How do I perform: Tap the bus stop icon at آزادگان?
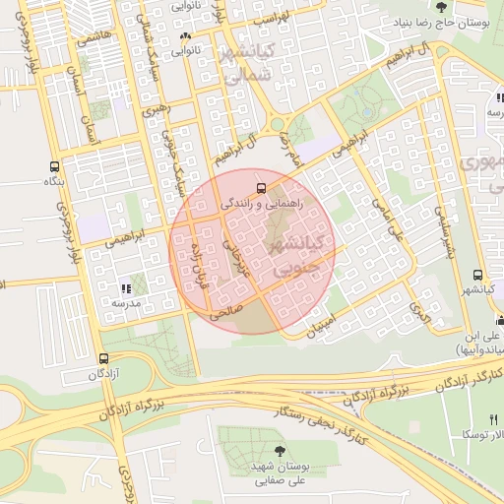pyautogui.click(x=104, y=358)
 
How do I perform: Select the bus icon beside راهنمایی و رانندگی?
pyautogui.click(x=261, y=186)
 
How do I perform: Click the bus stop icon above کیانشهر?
pyautogui.click(x=477, y=276)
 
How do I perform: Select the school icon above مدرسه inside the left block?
pyautogui.click(x=125, y=288)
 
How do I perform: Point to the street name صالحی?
pyautogui.click(x=226, y=314)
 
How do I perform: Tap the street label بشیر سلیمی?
pyautogui.click(x=445, y=226)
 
